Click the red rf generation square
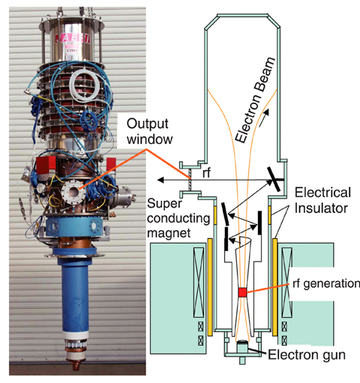click(x=242, y=292)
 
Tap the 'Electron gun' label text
click(x=307, y=355)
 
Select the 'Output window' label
click(x=149, y=131)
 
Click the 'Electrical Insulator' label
click(x=322, y=200)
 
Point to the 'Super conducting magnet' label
click(x=178, y=218)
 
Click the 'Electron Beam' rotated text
click(x=255, y=100)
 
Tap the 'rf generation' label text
click(x=326, y=284)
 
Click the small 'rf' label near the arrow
click(x=206, y=172)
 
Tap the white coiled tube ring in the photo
click(x=84, y=85)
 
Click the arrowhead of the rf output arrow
click(x=160, y=179)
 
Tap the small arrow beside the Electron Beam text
click(x=264, y=118)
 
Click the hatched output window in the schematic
click(x=190, y=179)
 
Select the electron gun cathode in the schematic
click(x=242, y=343)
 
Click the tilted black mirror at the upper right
click(x=274, y=179)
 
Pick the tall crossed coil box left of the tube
click(x=199, y=283)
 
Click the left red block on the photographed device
click(x=46, y=164)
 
